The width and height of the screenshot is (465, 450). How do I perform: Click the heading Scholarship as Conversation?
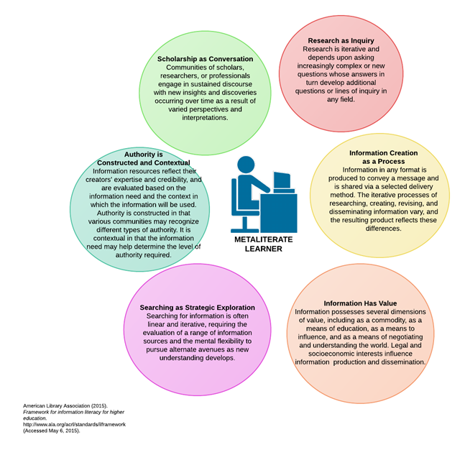coord(205,59)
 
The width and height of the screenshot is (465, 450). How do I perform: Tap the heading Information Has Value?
coord(360,303)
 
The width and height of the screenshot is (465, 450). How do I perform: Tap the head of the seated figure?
coord(247,165)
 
